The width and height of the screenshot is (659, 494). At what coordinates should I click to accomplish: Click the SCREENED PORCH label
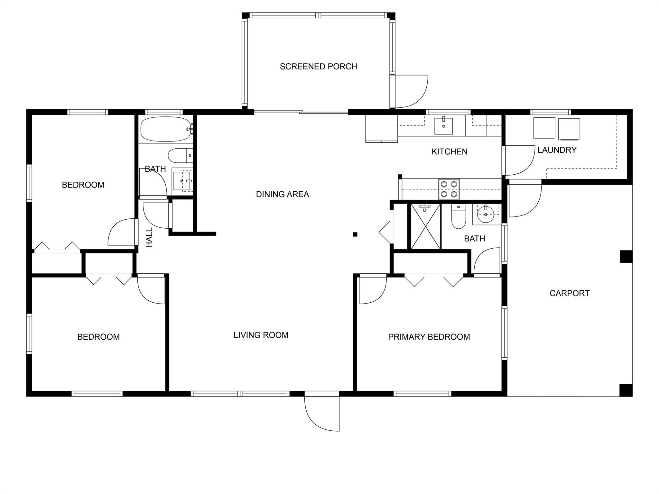(318, 67)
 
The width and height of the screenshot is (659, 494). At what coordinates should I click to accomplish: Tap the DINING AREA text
(282, 194)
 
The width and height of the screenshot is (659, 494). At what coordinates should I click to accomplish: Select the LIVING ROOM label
(261, 335)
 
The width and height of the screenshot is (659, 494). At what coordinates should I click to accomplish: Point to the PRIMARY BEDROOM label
(429, 337)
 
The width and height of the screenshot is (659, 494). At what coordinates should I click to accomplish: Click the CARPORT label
(569, 293)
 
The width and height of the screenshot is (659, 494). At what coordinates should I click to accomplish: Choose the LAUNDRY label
(557, 150)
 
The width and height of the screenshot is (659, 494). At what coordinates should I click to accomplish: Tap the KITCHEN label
(449, 151)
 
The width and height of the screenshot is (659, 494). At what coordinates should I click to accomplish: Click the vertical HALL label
(149, 238)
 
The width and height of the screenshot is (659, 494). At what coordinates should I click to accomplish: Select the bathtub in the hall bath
(166, 129)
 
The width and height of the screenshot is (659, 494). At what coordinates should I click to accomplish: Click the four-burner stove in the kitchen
(449, 189)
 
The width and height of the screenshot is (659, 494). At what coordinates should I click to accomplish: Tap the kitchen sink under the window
(443, 126)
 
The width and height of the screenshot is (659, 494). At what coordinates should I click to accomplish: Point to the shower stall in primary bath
(425, 226)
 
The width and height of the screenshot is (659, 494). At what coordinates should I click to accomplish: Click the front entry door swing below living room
(322, 411)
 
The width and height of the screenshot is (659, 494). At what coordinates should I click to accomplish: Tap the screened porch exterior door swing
(411, 92)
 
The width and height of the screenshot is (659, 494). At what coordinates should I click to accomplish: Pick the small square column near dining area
(355, 234)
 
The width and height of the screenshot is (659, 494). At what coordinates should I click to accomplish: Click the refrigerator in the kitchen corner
(382, 128)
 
